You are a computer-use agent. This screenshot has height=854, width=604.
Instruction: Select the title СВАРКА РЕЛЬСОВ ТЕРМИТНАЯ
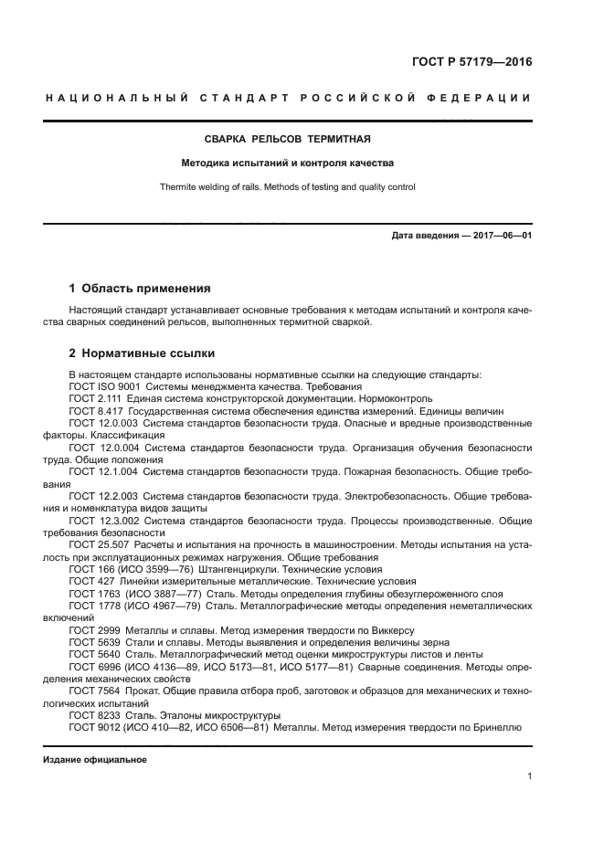click(x=287, y=139)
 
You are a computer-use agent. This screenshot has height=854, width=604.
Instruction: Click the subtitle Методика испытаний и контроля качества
click(x=287, y=163)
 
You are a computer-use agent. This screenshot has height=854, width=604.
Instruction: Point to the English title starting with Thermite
click(x=287, y=187)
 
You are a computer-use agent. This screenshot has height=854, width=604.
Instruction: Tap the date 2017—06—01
click(x=501, y=237)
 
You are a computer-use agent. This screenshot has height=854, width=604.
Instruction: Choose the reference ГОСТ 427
click(x=90, y=581)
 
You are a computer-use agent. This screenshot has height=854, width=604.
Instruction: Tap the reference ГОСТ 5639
click(x=94, y=642)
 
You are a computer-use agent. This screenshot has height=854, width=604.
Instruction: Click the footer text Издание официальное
click(x=95, y=760)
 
